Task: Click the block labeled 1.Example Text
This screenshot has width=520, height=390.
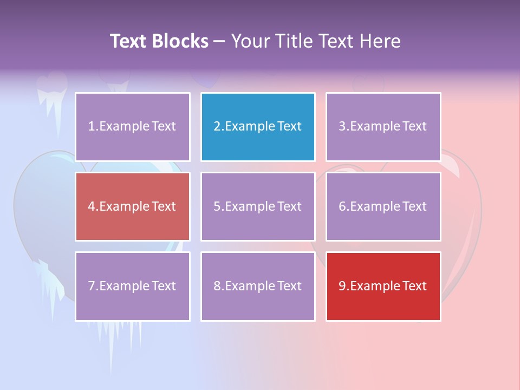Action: point(133,127)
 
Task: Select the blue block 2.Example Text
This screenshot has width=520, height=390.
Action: point(258,127)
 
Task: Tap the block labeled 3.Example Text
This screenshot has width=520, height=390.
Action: point(383,127)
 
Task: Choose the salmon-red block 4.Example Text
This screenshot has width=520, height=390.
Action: point(133,206)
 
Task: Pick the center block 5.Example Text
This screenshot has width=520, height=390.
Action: point(258,206)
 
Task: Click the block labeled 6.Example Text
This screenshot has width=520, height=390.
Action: point(383,206)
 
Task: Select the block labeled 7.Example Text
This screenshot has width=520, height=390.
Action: point(133,286)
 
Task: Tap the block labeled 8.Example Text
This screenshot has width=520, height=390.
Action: point(258,286)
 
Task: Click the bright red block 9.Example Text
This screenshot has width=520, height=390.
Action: point(383,286)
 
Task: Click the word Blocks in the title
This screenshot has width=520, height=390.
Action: point(180,41)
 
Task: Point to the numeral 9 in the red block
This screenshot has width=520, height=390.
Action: point(342,286)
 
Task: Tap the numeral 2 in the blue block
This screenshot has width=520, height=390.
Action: point(217,127)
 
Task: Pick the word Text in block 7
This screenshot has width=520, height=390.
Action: point(163,286)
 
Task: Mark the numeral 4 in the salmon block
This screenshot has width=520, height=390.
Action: point(92,206)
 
